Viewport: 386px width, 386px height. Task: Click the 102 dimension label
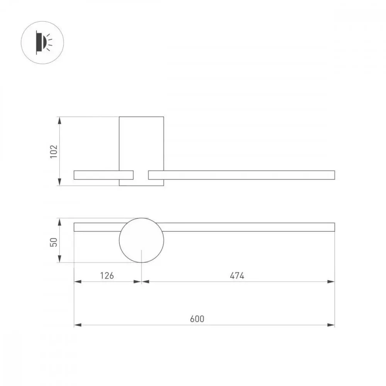click(54, 151)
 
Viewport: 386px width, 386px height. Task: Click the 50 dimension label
click(54, 242)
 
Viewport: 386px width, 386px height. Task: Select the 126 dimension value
click(107, 276)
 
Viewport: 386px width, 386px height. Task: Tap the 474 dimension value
click(237, 276)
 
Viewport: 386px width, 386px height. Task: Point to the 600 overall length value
click(197, 319)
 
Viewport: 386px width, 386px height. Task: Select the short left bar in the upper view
click(103, 175)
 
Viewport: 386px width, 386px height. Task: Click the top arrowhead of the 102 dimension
click(59, 120)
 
